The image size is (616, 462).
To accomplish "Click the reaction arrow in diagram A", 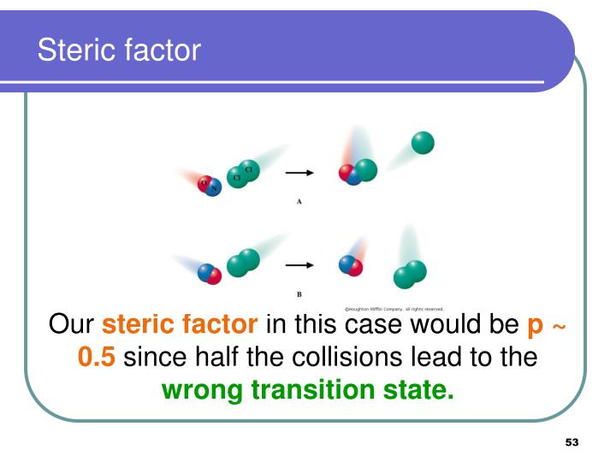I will tap(299, 173).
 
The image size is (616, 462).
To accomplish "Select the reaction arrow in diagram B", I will tap(299, 264).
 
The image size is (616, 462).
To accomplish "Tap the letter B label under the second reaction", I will tap(299, 294).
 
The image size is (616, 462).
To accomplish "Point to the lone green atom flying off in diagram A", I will tap(422, 143).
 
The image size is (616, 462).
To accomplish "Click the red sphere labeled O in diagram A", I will tap(204, 182).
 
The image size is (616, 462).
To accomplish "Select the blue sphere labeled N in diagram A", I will tap(214, 187).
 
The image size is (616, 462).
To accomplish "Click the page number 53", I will tap(572, 442).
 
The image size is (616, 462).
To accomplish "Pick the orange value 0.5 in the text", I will tap(96, 357).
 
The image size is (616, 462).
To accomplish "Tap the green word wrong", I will tap(201, 390).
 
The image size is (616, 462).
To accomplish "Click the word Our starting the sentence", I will tap(72, 325).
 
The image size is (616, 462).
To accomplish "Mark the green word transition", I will tap(312, 390).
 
